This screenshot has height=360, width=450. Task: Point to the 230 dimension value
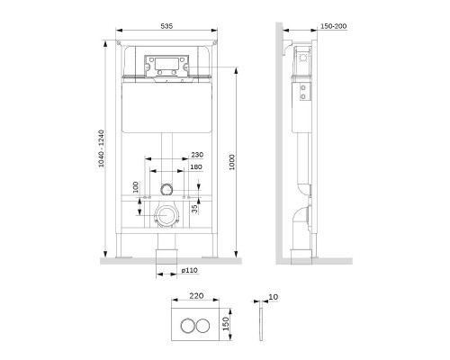198,156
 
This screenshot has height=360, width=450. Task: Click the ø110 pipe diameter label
188,271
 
